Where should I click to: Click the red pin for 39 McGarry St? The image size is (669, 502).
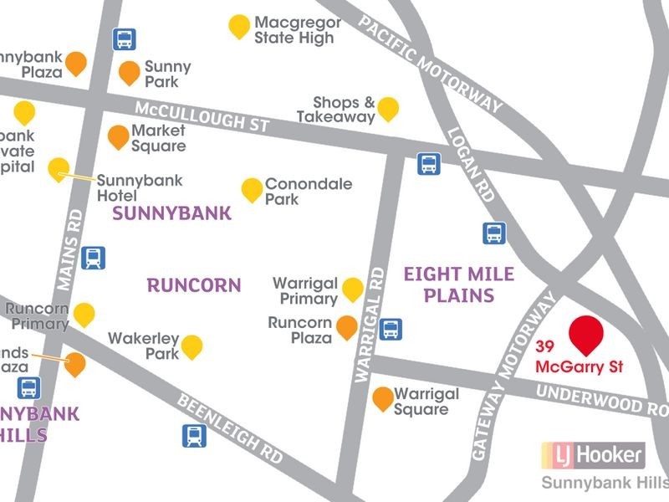coord(586,335)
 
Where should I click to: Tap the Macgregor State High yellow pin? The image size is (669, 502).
coord(239,26)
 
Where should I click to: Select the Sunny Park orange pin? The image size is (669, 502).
coord(129,72)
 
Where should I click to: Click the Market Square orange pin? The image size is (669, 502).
coord(119,136)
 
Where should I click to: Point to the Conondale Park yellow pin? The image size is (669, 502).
coord(252,189)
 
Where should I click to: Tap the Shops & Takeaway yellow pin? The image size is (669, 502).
coord(388,108)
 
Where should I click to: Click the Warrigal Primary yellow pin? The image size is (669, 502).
coord(353,289)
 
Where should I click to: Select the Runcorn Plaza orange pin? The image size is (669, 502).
coord(346,326)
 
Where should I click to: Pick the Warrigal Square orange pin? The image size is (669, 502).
coord(382,398)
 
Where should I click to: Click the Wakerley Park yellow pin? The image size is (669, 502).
coord(192,346)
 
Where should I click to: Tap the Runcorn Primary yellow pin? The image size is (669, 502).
coord(84,315)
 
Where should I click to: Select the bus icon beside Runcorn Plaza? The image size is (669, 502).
coord(390,329)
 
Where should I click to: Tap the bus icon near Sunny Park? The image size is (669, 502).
coord(124,38)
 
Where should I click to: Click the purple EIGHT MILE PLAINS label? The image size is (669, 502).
coord(458,284)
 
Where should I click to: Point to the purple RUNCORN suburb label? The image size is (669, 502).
coord(194,285)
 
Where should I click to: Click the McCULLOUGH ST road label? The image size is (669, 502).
coord(202,115)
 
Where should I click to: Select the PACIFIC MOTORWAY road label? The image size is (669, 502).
coord(431,64)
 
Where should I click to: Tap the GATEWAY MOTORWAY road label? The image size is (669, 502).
coord(513,381)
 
